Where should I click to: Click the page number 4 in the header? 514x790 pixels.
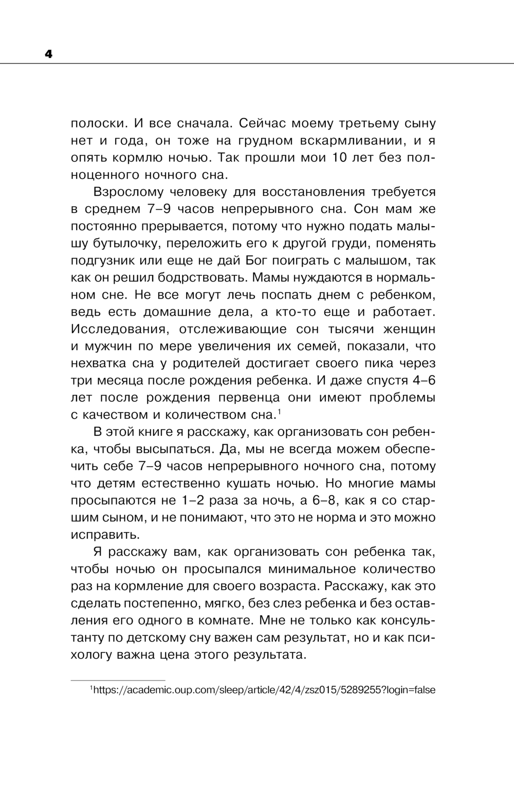49,54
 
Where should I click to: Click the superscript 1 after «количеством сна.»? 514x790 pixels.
279,411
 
